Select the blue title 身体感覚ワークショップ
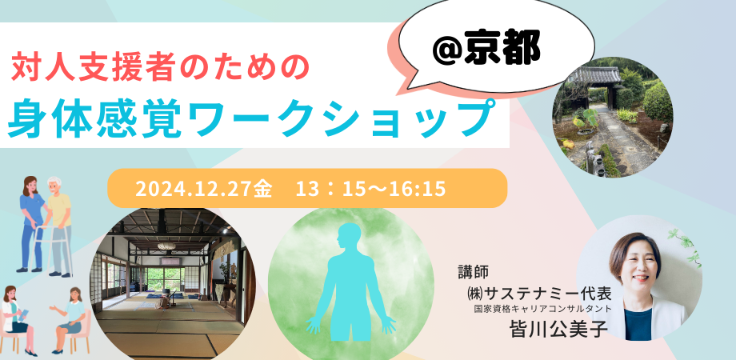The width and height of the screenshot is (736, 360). (248, 118)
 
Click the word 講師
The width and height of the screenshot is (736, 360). (470, 271)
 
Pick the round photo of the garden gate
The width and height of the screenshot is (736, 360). (612, 120)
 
